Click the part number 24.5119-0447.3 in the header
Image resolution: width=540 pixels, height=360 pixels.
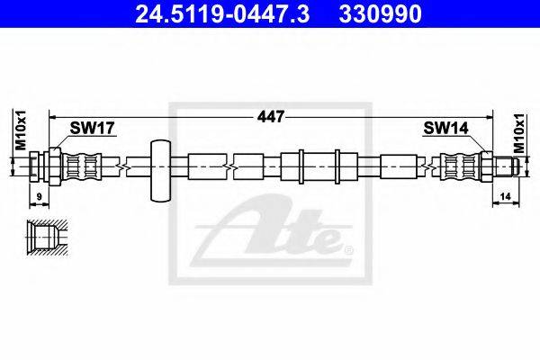222,13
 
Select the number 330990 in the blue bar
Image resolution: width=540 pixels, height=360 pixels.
380,13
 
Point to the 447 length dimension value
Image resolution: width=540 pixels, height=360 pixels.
271,117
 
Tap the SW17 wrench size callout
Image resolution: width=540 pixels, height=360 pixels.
92,128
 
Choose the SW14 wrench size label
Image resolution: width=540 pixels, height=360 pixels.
445,128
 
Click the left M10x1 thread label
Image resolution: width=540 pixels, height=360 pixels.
21,130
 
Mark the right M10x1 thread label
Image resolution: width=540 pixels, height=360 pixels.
518,133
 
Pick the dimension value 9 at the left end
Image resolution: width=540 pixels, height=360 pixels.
39,197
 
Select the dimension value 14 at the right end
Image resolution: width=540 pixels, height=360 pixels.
505,196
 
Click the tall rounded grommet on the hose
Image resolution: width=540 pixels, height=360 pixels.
160,170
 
